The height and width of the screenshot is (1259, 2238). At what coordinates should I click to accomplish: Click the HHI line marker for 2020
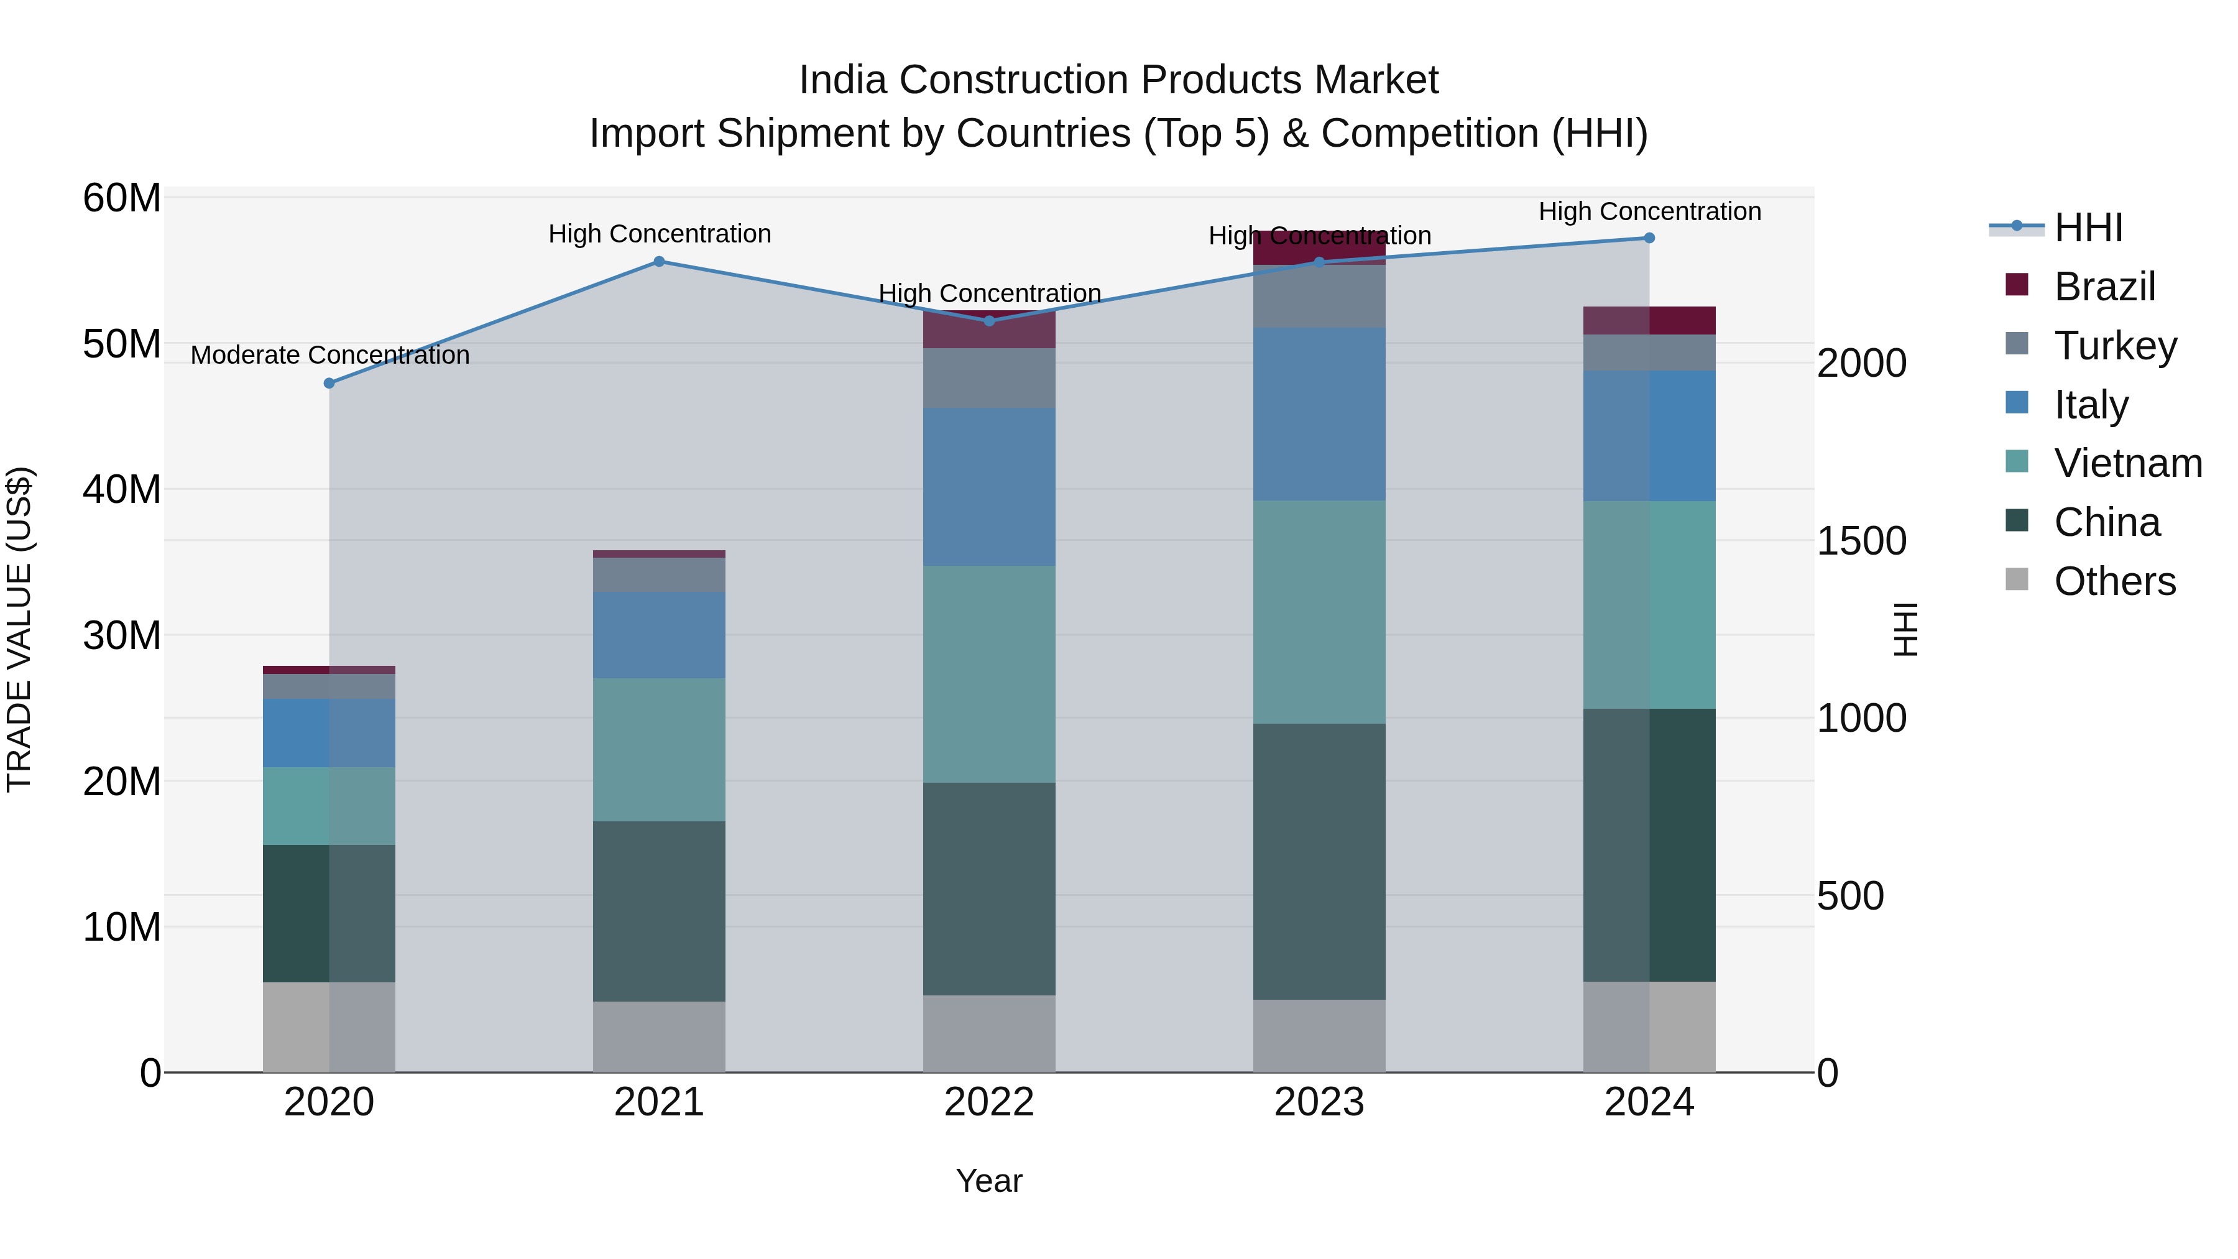(329, 383)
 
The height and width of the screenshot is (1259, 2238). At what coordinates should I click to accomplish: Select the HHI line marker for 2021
(660, 262)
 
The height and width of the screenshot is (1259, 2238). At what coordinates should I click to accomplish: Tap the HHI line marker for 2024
(1649, 238)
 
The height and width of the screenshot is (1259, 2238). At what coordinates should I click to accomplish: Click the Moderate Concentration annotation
(329, 356)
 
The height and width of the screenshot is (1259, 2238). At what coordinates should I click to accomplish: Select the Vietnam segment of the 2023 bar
(1319, 612)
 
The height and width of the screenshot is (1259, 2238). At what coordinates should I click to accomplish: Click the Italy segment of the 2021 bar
(660, 635)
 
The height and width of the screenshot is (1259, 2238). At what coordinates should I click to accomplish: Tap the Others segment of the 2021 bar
(660, 1036)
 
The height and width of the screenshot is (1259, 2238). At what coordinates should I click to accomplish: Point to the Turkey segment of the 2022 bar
(988, 378)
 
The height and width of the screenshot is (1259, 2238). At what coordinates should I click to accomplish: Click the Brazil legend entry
(2104, 287)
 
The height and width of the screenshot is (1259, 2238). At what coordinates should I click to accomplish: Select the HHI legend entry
(2088, 228)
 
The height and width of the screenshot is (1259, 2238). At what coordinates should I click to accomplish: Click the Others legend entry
(2114, 581)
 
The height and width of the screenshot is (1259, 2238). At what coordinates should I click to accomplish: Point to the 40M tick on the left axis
(122, 489)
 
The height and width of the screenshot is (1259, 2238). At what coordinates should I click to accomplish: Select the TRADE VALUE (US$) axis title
(20, 630)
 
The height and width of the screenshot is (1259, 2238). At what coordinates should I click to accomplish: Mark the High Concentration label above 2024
(1649, 211)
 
